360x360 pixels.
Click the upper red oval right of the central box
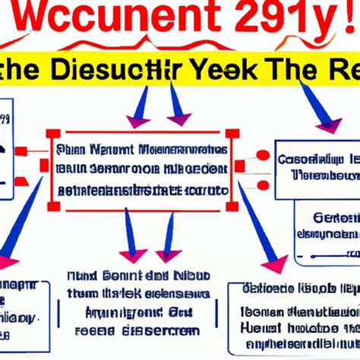pyautogui.click(x=262, y=156)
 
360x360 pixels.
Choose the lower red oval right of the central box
pyautogui.click(x=262, y=185)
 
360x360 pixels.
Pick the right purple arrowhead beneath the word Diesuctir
pyautogui.click(x=178, y=120)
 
